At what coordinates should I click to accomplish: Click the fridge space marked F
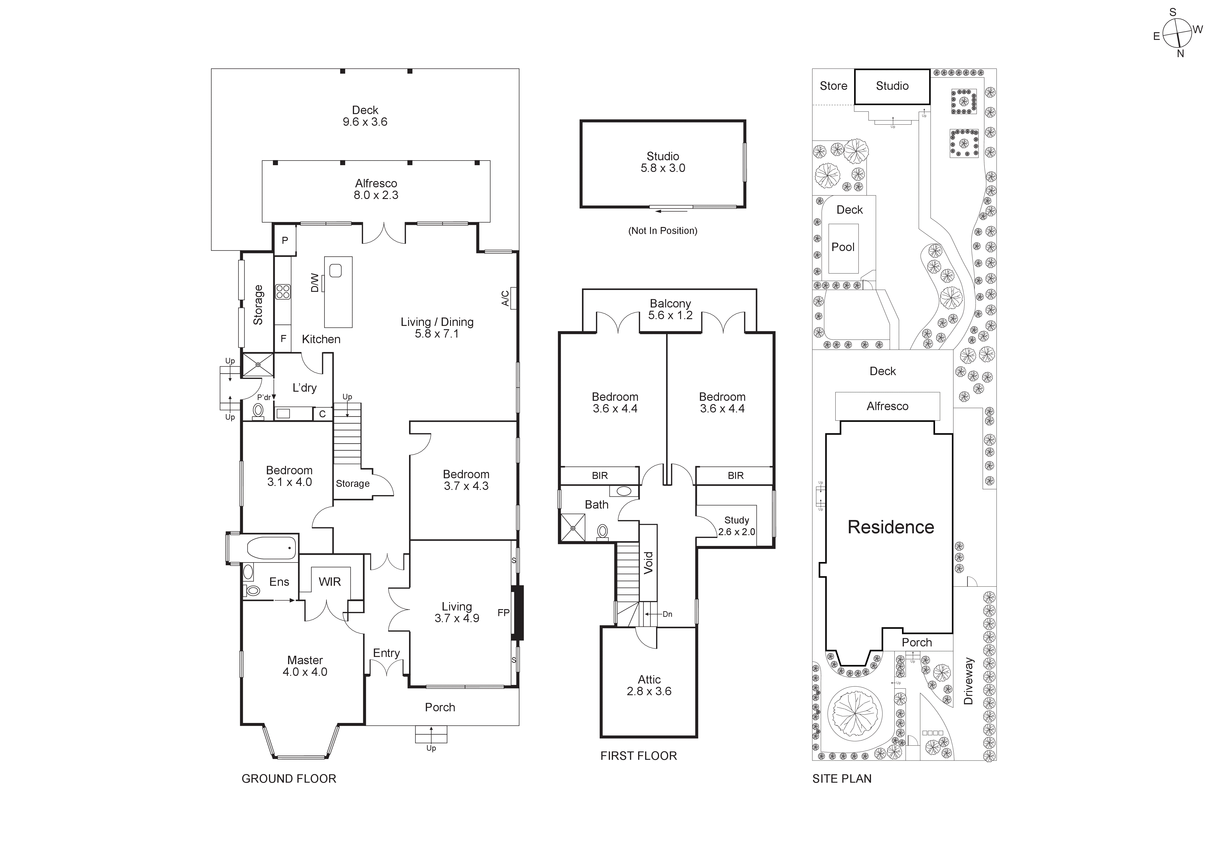(x=283, y=339)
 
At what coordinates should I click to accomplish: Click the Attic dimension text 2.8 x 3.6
(x=649, y=691)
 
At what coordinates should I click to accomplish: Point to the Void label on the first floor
(x=648, y=562)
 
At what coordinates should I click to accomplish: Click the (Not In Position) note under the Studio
(x=662, y=230)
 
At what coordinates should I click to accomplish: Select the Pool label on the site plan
(x=843, y=247)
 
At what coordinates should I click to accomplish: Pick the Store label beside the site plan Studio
(x=833, y=86)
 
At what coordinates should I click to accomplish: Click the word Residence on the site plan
(x=891, y=527)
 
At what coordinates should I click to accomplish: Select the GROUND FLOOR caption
(x=288, y=779)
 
